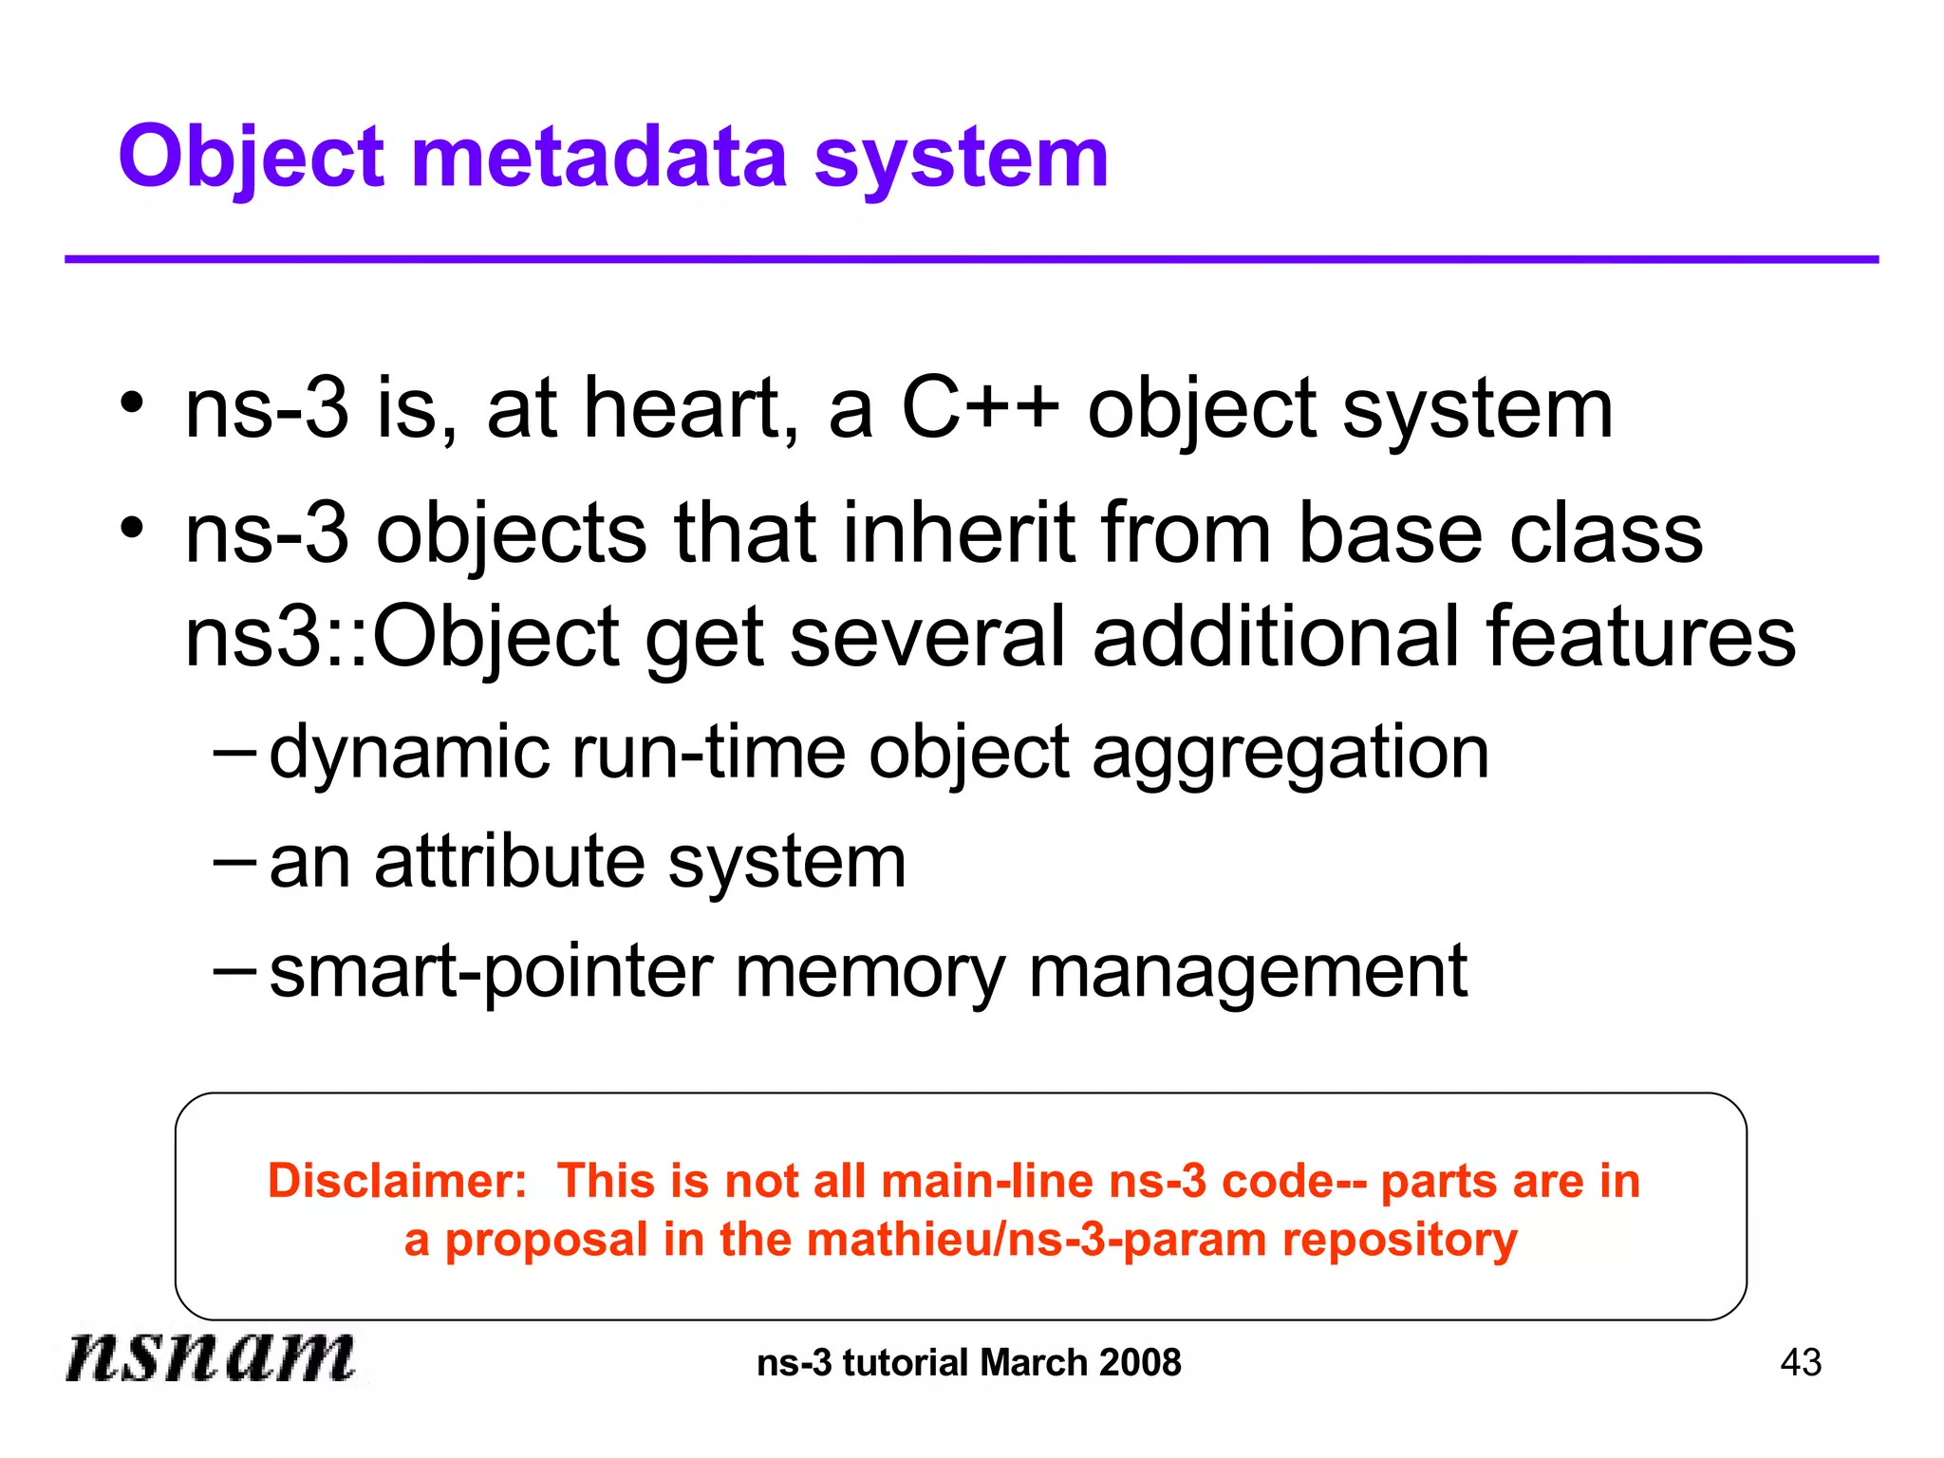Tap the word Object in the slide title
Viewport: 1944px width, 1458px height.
pos(252,159)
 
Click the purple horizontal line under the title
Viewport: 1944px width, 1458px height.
pos(971,259)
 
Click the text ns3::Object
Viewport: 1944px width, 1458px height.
pos(402,638)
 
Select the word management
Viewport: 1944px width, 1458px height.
pos(1247,973)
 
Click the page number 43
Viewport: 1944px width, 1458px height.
pos(1801,1363)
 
